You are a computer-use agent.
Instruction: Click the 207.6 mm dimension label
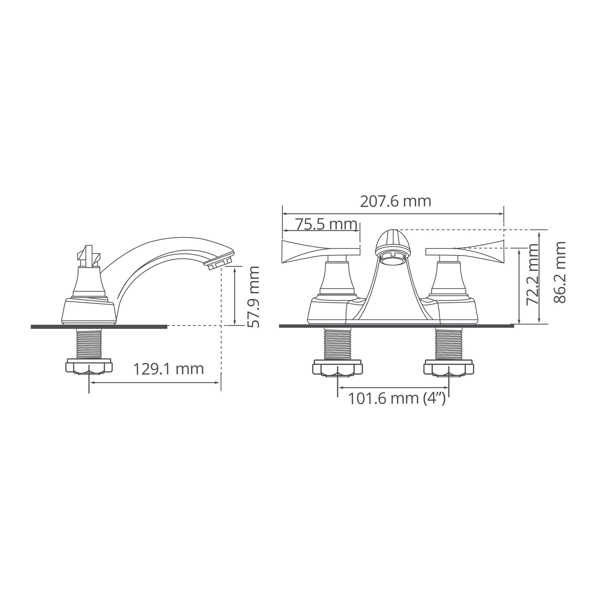click(395, 202)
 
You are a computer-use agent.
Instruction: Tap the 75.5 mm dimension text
click(326, 224)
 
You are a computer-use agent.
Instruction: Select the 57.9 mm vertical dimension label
click(254, 297)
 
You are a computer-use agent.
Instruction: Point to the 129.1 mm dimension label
click(169, 369)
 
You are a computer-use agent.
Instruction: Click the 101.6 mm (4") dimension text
click(397, 399)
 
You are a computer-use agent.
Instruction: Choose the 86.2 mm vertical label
click(560, 272)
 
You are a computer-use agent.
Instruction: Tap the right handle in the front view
click(465, 251)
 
